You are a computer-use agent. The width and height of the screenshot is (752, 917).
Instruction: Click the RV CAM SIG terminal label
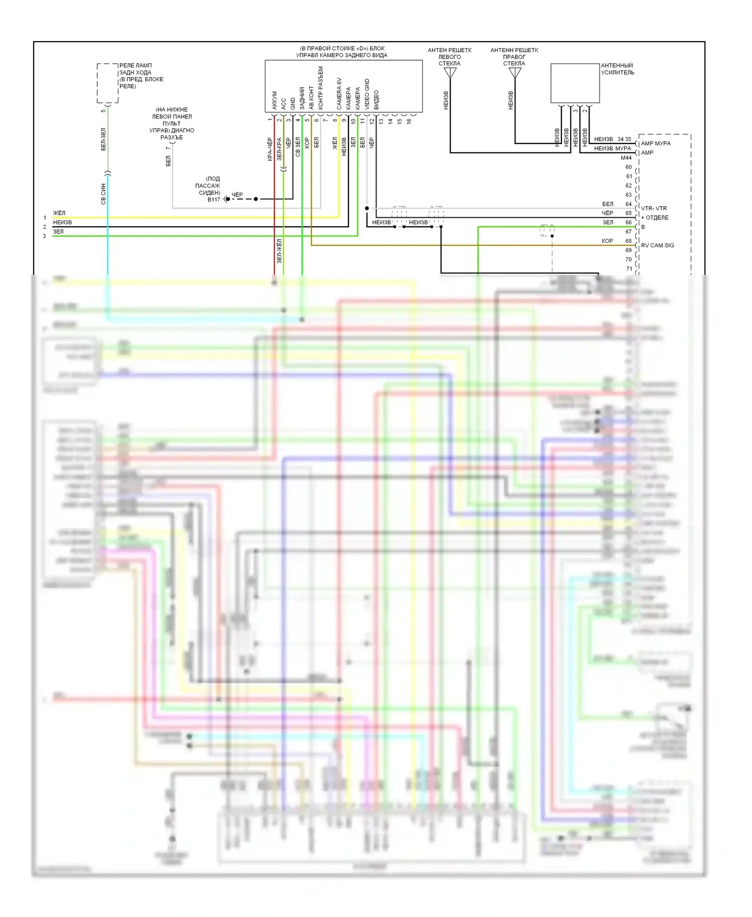657,245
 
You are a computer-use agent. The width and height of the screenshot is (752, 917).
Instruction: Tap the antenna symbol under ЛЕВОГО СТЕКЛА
450,73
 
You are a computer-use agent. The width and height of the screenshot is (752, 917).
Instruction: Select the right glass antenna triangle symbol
515,73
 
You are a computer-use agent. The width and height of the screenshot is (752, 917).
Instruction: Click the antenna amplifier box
575,83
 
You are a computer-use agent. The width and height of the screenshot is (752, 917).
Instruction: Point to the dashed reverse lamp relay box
107,83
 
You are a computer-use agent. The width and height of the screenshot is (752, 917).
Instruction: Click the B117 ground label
214,200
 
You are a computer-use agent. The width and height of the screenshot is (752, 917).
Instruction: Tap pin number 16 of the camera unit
409,121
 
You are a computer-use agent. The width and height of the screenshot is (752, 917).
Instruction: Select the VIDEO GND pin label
367,94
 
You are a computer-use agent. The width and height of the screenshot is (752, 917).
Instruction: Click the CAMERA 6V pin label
339,94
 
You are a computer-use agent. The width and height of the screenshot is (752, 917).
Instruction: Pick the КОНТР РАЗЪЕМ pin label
321,88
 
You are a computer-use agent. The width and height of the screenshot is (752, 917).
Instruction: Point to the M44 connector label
626,158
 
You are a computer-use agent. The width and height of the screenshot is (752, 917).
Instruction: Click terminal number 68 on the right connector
629,241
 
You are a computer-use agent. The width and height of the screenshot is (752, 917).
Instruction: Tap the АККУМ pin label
274,100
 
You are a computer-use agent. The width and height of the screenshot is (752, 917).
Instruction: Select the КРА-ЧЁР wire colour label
270,149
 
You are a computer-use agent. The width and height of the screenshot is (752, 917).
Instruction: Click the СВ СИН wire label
103,194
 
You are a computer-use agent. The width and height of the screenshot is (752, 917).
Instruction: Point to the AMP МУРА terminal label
655,143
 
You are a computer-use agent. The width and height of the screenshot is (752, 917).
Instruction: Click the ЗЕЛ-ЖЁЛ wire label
279,251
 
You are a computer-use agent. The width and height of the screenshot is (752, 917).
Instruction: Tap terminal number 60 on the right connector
629,167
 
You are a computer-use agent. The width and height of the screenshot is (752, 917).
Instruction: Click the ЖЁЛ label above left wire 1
59,213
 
